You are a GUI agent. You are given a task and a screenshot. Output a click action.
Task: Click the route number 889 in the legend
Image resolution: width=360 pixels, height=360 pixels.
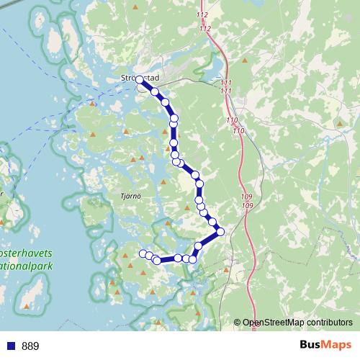31,346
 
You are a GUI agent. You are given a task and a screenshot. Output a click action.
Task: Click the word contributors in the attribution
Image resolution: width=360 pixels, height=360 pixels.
332,323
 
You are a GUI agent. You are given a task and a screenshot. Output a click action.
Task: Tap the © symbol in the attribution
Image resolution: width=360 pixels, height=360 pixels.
238,323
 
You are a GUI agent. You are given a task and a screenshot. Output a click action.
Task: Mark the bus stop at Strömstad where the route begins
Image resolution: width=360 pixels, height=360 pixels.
140,81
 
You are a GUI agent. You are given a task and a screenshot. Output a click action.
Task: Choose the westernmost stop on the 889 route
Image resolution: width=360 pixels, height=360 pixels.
142,253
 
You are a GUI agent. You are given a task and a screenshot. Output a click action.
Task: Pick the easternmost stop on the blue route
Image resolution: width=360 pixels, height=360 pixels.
220,231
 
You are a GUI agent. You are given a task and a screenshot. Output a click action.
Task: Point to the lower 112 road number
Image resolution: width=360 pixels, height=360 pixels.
206,29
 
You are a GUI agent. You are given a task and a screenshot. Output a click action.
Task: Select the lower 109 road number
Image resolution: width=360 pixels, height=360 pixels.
247,207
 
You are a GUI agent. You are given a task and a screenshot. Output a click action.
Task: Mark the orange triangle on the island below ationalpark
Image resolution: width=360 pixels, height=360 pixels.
27,307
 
